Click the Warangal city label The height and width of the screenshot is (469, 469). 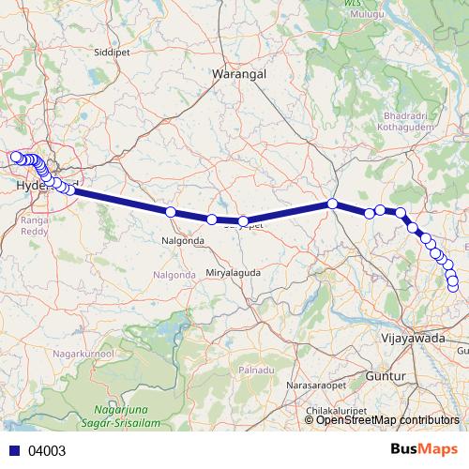click(x=240, y=72)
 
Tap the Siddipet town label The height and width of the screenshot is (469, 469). click(x=113, y=53)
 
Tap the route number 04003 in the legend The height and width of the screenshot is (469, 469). click(x=47, y=450)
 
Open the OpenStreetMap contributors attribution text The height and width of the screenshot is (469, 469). click(x=387, y=419)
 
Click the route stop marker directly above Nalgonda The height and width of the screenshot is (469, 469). click(x=171, y=212)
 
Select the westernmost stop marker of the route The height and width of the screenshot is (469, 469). click(x=15, y=157)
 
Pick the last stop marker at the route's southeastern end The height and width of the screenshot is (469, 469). click(x=455, y=285)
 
